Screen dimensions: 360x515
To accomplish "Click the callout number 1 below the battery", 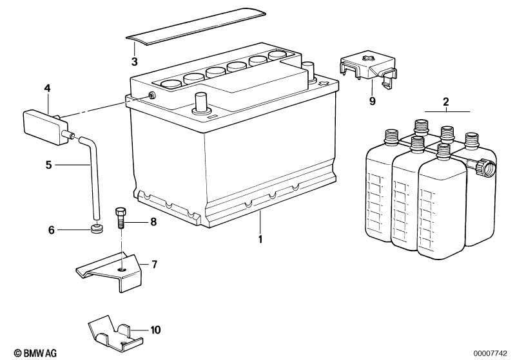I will click(260, 240).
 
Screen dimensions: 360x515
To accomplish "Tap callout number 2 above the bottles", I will click(445, 102).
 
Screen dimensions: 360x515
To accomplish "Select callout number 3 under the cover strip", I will click(134, 62).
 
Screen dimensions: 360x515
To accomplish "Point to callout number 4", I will click(47, 88).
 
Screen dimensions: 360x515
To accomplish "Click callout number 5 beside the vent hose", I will click(48, 165).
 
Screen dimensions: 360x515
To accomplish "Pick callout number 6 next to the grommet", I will click(52, 229).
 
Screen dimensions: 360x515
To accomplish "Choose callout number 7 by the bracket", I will click(153, 264).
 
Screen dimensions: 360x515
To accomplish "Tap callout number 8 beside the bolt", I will click(153, 222).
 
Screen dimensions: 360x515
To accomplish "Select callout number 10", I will click(155, 330).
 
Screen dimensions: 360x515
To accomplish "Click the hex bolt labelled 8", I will click(120, 220).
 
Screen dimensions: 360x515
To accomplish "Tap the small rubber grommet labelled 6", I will click(97, 229).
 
